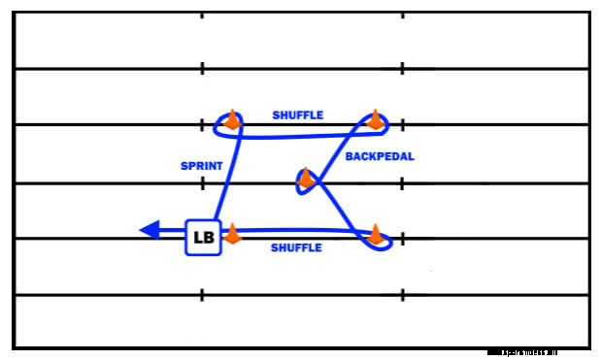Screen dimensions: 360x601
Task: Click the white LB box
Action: tap(203, 237)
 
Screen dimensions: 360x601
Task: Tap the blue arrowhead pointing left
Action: tap(150, 230)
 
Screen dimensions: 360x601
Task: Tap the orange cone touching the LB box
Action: tap(232, 233)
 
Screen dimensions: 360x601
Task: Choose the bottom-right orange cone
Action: tap(375, 234)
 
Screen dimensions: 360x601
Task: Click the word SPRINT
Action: tap(202, 166)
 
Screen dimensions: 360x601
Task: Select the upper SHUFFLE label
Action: tap(298, 115)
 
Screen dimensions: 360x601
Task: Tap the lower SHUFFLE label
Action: tap(296, 248)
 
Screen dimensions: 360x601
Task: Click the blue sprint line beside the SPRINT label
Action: tap(226, 175)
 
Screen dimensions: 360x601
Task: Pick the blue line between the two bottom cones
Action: tap(301, 230)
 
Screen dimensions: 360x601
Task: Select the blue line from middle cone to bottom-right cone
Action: tap(342, 206)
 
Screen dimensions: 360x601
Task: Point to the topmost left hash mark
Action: tap(202, 16)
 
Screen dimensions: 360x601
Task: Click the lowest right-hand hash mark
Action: tap(402, 294)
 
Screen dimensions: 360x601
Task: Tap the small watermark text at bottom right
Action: tap(536, 352)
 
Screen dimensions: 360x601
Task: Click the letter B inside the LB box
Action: tap(210, 237)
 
